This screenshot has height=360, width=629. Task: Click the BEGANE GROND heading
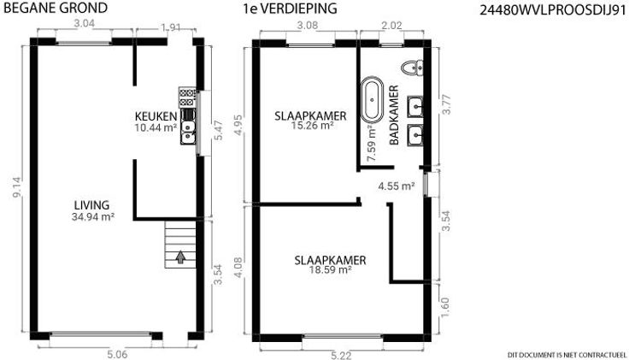coord(55,8)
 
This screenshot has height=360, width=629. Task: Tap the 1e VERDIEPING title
coord(290,9)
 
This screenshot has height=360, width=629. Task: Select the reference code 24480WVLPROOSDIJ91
coord(553,10)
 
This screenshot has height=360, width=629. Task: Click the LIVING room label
coord(91,205)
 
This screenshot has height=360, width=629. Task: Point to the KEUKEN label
coord(156,116)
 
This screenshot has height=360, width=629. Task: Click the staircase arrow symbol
coord(180,257)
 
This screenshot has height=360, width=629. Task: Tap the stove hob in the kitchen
coord(187,97)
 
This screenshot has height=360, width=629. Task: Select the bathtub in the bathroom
coord(372,99)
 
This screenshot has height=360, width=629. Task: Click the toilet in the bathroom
coord(412,68)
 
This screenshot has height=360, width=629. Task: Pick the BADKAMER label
coord(394,115)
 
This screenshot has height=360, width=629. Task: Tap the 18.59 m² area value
coord(330,269)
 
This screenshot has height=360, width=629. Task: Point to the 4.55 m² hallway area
coord(397,186)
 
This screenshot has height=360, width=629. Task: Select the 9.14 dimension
coord(18,188)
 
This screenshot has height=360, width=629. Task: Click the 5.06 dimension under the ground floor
coord(117,354)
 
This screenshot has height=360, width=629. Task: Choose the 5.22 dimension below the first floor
coord(341,355)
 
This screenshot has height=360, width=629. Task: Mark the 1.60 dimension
coord(445,307)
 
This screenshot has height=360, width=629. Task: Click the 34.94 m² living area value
coord(93,217)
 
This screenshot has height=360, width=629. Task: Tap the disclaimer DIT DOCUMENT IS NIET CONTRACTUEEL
coord(567,355)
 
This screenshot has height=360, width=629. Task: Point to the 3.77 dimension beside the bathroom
coord(446,104)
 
